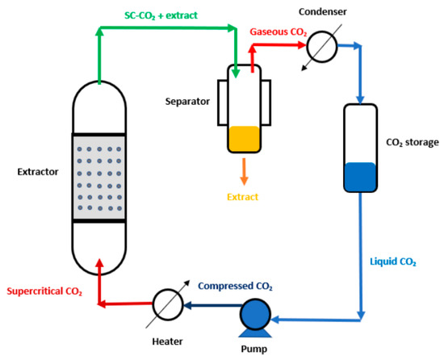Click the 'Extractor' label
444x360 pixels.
coord(36,171)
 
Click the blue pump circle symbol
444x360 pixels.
coord(255,313)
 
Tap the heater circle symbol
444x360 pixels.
coord(165,304)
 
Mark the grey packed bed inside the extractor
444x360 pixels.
coord(98,171)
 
